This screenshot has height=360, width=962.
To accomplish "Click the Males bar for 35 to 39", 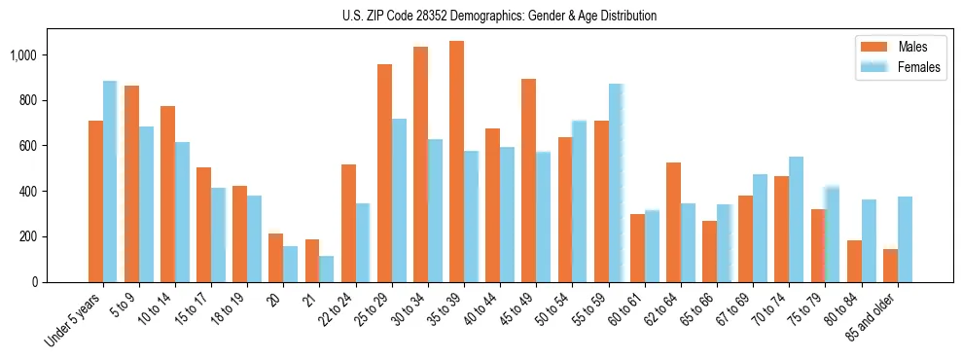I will [x=456, y=162].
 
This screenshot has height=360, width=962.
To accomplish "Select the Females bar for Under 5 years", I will [x=110, y=182].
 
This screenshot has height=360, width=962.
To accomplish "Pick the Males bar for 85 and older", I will [x=890, y=266].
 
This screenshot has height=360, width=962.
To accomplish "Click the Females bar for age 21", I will [x=327, y=269].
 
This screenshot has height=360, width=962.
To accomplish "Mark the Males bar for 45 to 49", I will [x=528, y=180].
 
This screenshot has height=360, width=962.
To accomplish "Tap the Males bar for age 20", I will [x=276, y=258].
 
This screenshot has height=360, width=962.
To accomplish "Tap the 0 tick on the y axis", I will [x=45, y=282].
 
